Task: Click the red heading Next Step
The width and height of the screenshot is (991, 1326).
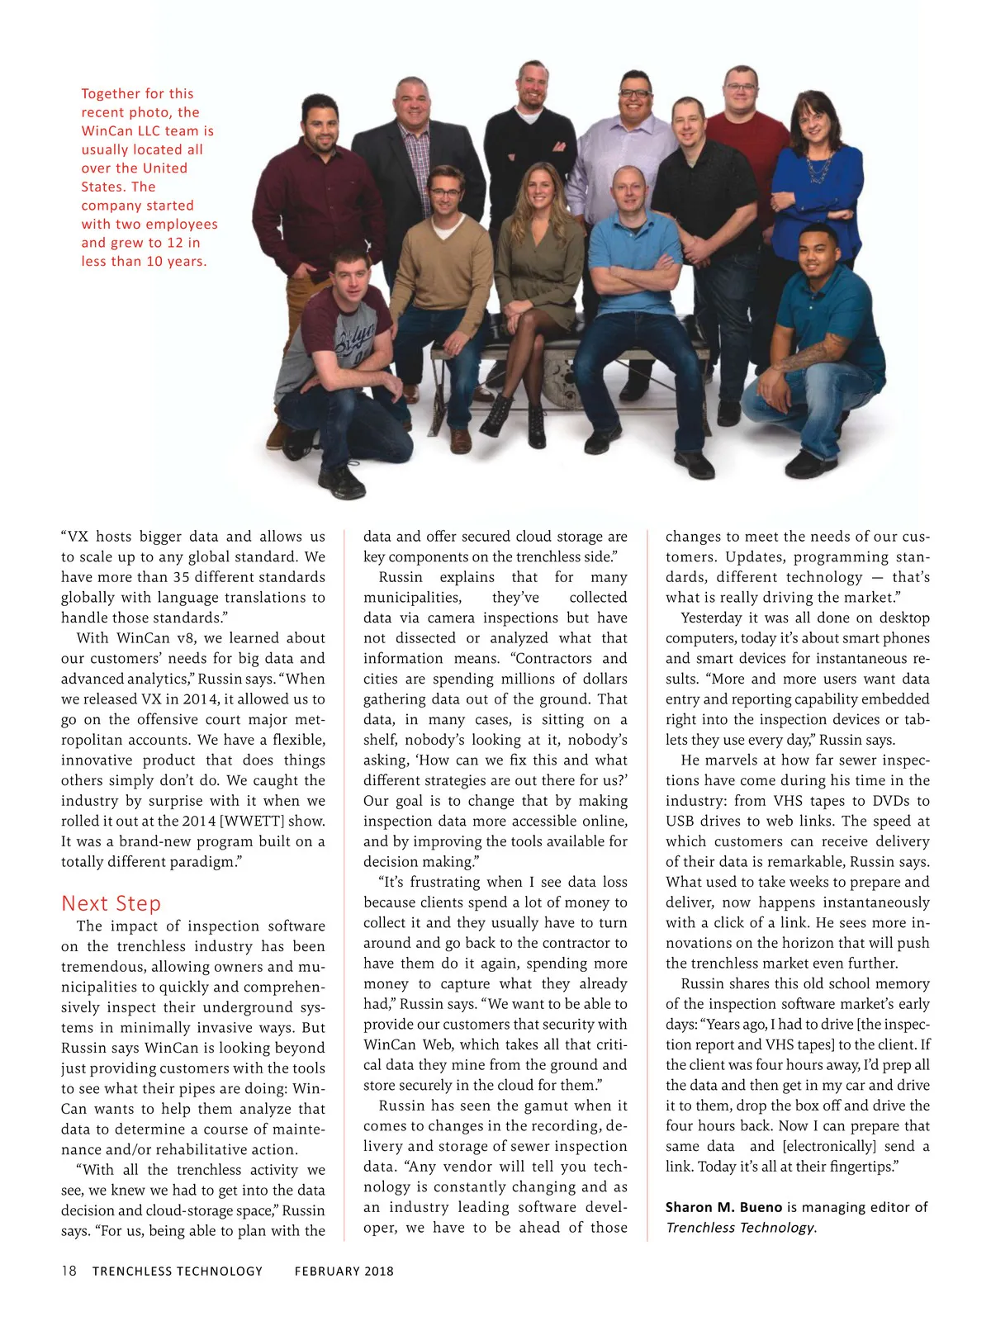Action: click(x=111, y=903)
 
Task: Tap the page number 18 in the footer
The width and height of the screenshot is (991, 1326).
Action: click(x=69, y=1271)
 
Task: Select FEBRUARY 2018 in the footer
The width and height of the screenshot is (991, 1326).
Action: click(x=344, y=1272)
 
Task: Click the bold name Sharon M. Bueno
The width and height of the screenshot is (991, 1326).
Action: click(x=723, y=1207)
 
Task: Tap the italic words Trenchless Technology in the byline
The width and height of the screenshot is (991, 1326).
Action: click(x=740, y=1228)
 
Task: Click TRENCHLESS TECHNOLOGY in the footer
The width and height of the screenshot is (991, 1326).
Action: click(x=177, y=1272)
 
